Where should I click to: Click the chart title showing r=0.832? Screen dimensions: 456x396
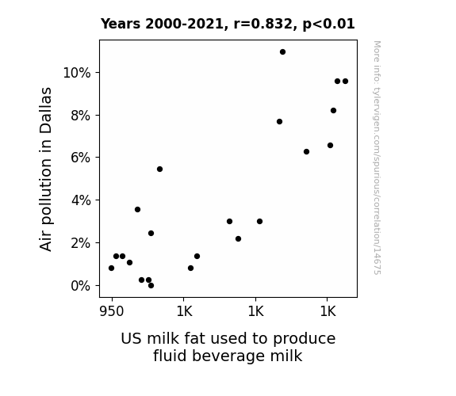[x=228, y=24]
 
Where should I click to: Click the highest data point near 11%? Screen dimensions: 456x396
[x=282, y=52]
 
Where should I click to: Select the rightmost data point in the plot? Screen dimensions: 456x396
[x=345, y=82]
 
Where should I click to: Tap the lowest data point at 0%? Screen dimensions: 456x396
[x=151, y=286]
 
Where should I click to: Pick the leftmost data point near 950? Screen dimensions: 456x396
[x=111, y=268]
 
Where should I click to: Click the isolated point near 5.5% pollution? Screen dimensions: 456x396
[x=159, y=169]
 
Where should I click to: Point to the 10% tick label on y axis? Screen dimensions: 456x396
[x=77, y=73]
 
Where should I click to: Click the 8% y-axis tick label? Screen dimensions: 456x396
[x=81, y=116]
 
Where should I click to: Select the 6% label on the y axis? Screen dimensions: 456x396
[x=81, y=158]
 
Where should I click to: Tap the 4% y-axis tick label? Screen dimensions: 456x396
[x=81, y=200]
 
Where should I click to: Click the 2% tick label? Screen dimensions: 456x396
[x=81, y=243]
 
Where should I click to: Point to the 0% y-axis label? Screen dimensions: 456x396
[x=81, y=286]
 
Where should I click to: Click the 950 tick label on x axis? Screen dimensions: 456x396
[x=112, y=311]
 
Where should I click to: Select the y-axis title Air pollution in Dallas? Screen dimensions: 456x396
[x=46, y=169]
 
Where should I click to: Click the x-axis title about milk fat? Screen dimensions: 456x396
[x=228, y=347]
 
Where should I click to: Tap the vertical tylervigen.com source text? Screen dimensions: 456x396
[x=377, y=158]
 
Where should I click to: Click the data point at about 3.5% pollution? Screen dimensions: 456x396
[x=137, y=209]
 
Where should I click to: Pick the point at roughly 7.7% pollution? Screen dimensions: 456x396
[x=279, y=122]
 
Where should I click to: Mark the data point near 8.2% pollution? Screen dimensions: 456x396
[x=334, y=111]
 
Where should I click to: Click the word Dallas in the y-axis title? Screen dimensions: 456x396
[x=46, y=110]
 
